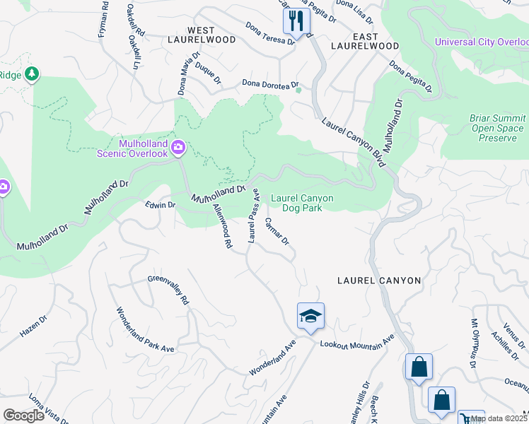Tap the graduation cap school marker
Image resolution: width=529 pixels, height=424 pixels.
pyautogui.click(x=310, y=316)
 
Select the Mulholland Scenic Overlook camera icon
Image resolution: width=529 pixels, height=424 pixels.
pyautogui.click(x=178, y=147)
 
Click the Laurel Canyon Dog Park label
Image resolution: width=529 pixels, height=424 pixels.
pyautogui.click(x=302, y=204)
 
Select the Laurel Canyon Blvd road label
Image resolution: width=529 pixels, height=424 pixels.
pyautogui.click(x=352, y=143)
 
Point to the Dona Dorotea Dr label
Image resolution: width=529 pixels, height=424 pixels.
pyautogui.click(x=267, y=84)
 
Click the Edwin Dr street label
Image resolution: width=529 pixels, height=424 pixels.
pyautogui.click(x=159, y=205)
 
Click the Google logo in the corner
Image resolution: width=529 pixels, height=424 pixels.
pyautogui.click(x=23, y=416)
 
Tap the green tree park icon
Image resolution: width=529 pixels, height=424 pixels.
pyautogui.click(x=31, y=73)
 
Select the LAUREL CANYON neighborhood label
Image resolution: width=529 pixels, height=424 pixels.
pyautogui.click(x=379, y=281)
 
